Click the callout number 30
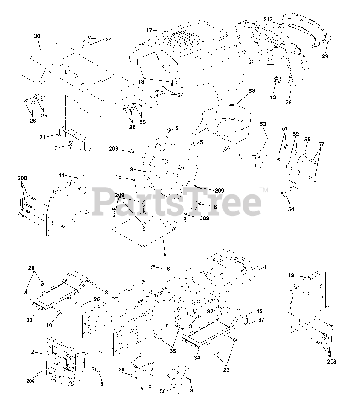click(37, 36)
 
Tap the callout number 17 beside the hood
click(149, 30)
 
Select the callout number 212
click(268, 19)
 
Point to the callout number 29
click(325, 56)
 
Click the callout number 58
click(252, 91)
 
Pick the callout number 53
click(263, 124)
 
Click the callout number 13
click(291, 276)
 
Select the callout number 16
click(166, 269)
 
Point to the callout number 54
click(291, 209)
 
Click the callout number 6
click(165, 254)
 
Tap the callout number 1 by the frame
click(266, 267)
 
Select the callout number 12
click(273, 97)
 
